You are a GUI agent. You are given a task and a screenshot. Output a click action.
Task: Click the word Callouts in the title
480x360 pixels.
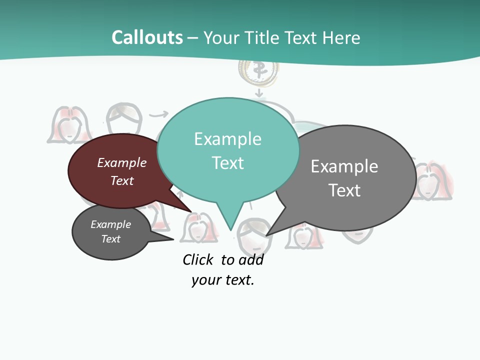pos(147,37)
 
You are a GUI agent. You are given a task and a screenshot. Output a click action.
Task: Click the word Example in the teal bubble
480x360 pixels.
pos(227,139)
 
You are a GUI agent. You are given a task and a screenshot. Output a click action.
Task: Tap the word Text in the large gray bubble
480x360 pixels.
pos(344,190)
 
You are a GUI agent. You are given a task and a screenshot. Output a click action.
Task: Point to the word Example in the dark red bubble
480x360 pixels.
pos(122,162)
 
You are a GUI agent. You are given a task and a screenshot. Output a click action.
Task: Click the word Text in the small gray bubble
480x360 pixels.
pos(111,239)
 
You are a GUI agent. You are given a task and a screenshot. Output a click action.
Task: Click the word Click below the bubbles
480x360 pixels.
pos(198,260)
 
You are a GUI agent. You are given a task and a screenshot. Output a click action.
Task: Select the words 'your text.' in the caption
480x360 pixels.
pos(223,280)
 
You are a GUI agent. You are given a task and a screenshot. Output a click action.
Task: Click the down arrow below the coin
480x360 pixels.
pos(258,93)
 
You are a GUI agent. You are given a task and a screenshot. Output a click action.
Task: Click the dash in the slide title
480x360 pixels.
pos(193,38)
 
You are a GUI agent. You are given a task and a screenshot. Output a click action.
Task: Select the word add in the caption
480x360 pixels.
pos(251,260)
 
